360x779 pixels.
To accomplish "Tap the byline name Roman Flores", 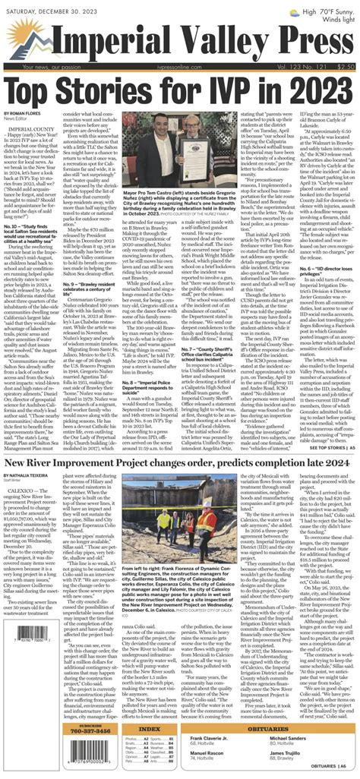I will click(x=29, y=113).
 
